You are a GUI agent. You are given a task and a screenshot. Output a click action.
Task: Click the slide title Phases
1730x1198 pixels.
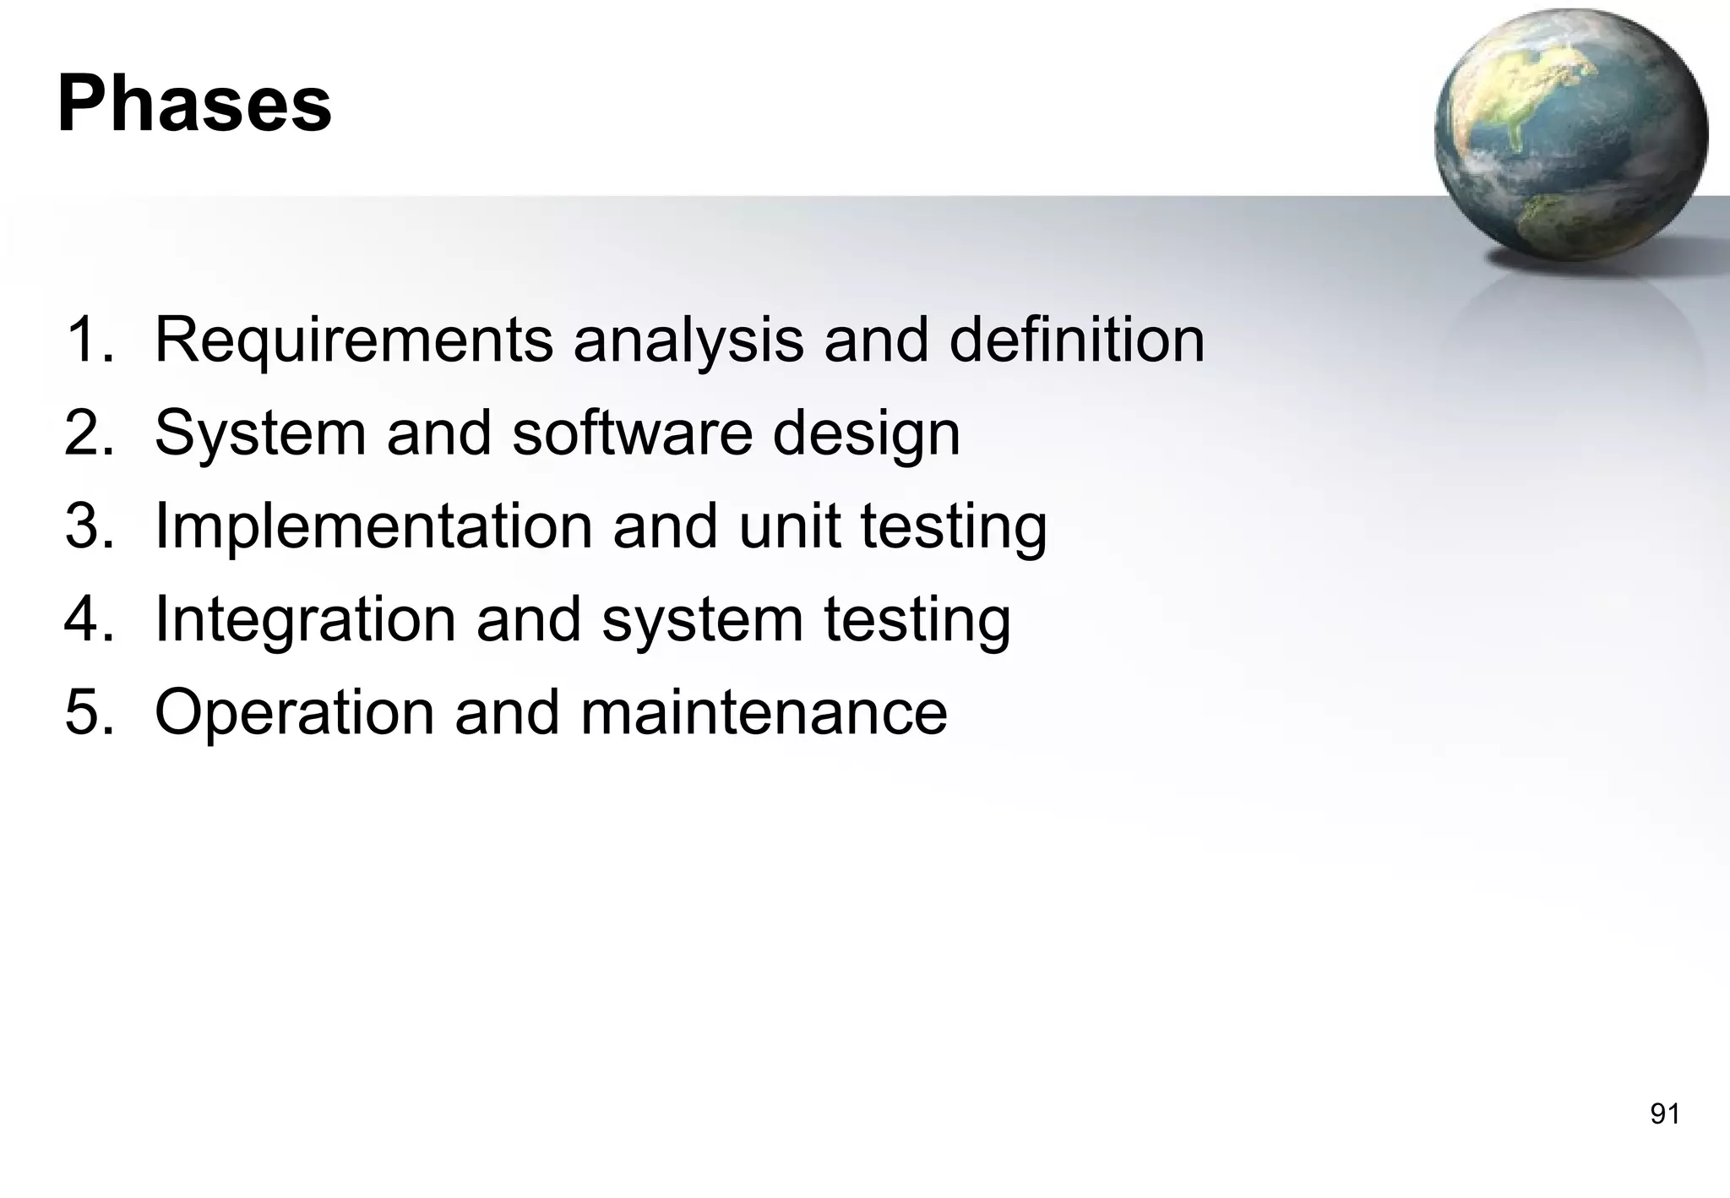click(194, 105)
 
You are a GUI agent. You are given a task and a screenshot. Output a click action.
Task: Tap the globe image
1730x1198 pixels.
click(1570, 135)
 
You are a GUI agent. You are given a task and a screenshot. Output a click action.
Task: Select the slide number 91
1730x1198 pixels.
click(1665, 1114)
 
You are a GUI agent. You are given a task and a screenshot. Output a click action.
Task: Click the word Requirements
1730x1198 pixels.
click(353, 340)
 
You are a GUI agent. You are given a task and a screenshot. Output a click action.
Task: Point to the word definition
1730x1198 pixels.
click(1076, 340)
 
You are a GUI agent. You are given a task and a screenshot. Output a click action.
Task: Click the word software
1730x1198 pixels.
click(632, 433)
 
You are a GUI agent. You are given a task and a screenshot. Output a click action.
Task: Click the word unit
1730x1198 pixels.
click(789, 525)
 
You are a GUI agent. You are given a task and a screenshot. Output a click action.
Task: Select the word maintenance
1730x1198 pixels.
click(764, 712)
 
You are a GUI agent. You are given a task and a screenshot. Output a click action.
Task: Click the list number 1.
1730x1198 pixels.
click(88, 340)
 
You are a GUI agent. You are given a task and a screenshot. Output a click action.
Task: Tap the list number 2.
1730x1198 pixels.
click(88, 433)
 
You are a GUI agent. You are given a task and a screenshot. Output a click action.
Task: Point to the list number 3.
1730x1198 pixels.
click(88, 525)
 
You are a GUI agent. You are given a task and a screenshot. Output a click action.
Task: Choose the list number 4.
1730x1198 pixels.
click(88, 618)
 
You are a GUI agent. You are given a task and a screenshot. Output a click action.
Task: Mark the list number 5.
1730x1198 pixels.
click(88, 712)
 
